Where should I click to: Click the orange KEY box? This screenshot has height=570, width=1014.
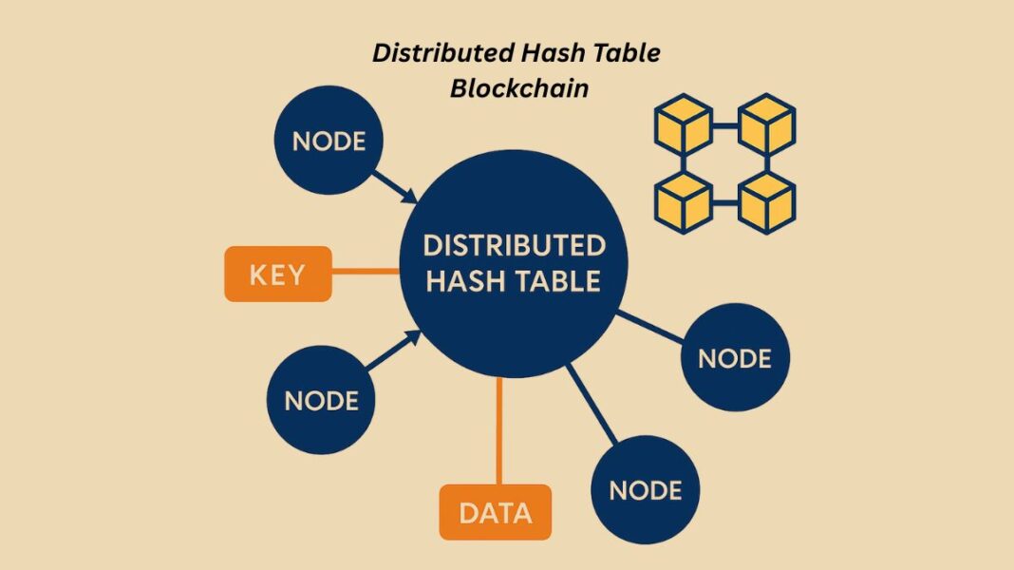tap(277, 274)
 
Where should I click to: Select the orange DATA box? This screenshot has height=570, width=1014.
tap(495, 512)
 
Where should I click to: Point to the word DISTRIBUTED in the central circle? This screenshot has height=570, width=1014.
tap(514, 245)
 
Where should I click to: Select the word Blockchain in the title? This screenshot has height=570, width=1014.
tap(518, 88)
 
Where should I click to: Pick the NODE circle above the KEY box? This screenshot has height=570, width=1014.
tap(329, 142)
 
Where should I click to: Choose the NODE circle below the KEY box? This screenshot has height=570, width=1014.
tap(321, 399)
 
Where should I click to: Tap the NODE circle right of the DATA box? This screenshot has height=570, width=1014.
tap(645, 489)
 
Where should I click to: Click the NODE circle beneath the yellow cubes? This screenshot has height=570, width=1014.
tap(734, 357)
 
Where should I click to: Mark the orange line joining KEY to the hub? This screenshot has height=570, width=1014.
tap(366, 271)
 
